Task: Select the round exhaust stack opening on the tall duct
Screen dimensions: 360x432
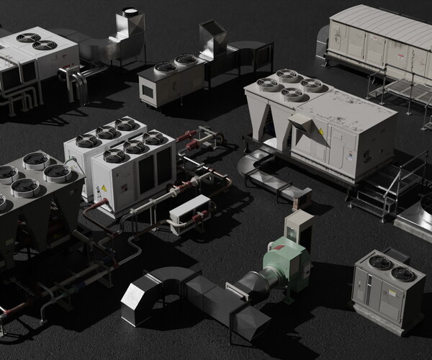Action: point(130,11)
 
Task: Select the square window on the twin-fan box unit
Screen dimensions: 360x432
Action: point(148,91)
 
